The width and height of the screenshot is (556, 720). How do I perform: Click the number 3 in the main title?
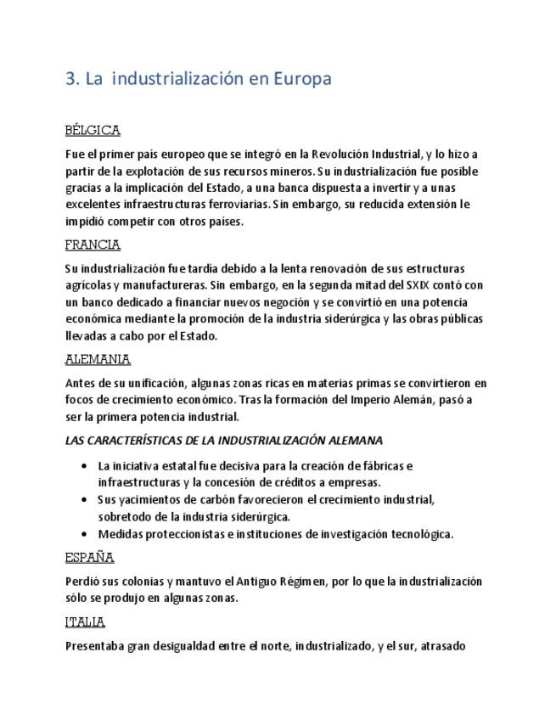click(70, 79)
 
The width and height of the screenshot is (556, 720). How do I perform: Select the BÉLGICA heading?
click(93, 131)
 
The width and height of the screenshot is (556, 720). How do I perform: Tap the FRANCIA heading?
click(93, 245)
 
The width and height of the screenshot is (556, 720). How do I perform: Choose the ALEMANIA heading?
click(97, 359)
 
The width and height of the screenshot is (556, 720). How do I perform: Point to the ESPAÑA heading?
click(89, 558)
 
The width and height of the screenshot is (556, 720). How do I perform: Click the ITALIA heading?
click(85, 622)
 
